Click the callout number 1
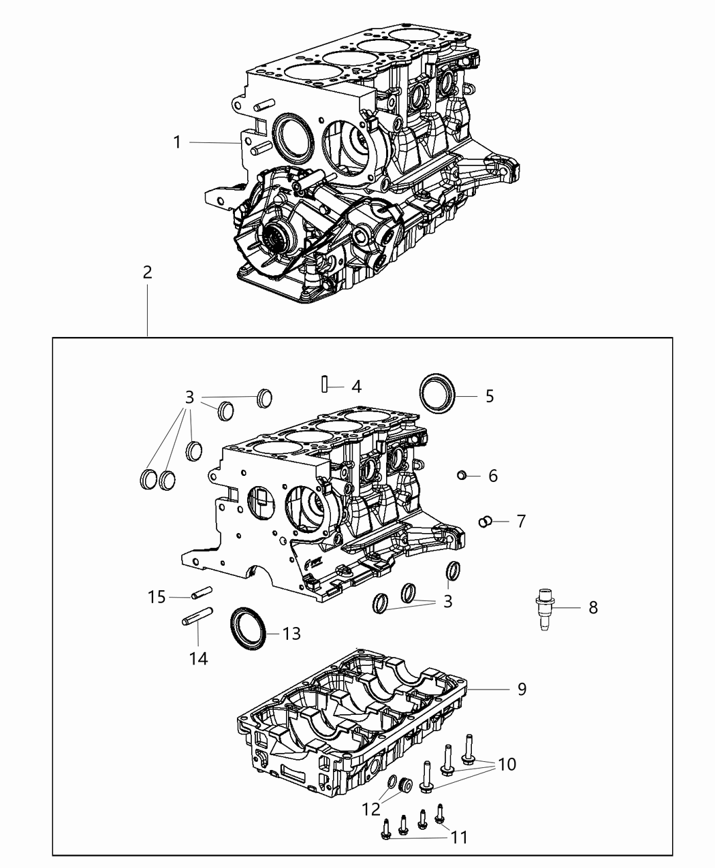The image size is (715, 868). click(177, 142)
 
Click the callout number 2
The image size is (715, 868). click(147, 272)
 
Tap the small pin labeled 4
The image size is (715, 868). click(325, 385)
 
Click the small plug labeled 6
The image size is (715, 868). click(462, 475)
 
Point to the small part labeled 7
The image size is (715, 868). click(486, 521)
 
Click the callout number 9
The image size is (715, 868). click(522, 689)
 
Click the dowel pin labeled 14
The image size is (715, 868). click(198, 616)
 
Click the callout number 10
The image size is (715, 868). click(507, 764)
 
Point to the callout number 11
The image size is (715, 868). click(460, 836)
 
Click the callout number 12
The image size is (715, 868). click(372, 809)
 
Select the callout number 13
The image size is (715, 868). click(291, 634)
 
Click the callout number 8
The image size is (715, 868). click(593, 607)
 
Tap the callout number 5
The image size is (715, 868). click(490, 396)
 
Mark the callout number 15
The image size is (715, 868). click(157, 597)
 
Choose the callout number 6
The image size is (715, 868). click(493, 475)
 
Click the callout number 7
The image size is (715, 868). click(521, 521)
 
